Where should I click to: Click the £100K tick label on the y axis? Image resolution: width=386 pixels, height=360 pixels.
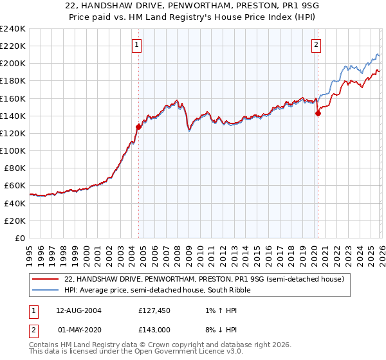coord(12,150)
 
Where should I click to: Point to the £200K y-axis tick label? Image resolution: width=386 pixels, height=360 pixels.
coord(12,63)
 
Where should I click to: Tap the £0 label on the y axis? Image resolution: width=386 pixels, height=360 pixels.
coord(20,238)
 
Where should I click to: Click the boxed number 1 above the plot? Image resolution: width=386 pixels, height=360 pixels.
coord(138,45)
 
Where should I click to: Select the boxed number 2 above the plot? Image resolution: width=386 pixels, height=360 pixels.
coord(317,45)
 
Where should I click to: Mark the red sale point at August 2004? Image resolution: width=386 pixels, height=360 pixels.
coord(138,127)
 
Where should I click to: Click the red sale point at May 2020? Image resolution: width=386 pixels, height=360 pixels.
coord(318,113)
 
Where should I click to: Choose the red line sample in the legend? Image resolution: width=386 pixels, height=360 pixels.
coord(46,279)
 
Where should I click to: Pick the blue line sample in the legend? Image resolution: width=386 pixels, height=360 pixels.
coord(46,290)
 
